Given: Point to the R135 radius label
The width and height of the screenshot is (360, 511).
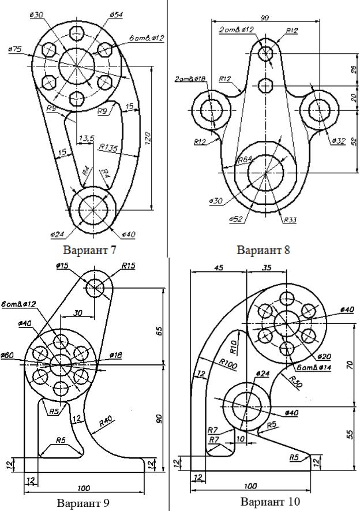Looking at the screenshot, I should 108,148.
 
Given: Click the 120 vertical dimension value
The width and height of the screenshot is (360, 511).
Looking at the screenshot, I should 147,137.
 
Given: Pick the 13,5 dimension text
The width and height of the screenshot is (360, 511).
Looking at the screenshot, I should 85,139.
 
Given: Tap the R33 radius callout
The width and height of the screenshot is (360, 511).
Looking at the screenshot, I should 290,221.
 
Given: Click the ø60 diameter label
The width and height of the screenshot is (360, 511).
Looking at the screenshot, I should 7,355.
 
